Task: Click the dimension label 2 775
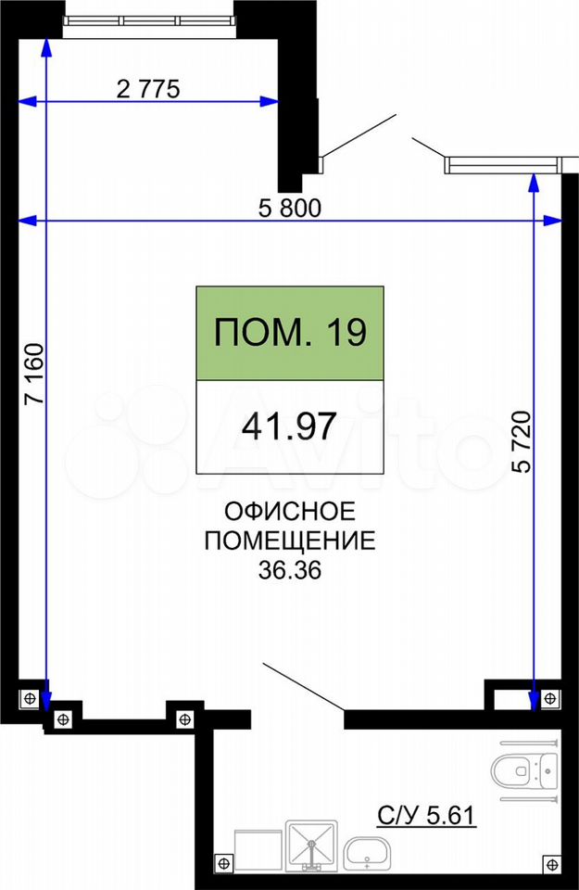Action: point(148,89)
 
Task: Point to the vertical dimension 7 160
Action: point(34,374)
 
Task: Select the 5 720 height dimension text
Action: point(522,441)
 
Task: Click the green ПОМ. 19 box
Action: point(290,333)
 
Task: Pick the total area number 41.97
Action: point(289,426)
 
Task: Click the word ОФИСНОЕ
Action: point(290,512)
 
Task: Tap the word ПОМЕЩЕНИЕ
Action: point(290,540)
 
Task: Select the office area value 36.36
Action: point(290,570)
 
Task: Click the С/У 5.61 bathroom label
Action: point(426,816)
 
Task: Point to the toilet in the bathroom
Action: point(524,770)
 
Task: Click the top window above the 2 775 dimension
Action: point(148,21)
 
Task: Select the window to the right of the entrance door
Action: point(502,165)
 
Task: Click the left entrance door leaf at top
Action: point(359,135)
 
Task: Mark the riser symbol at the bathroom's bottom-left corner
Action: point(224,863)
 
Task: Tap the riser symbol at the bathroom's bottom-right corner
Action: point(551,864)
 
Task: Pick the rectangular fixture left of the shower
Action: point(258,850)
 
